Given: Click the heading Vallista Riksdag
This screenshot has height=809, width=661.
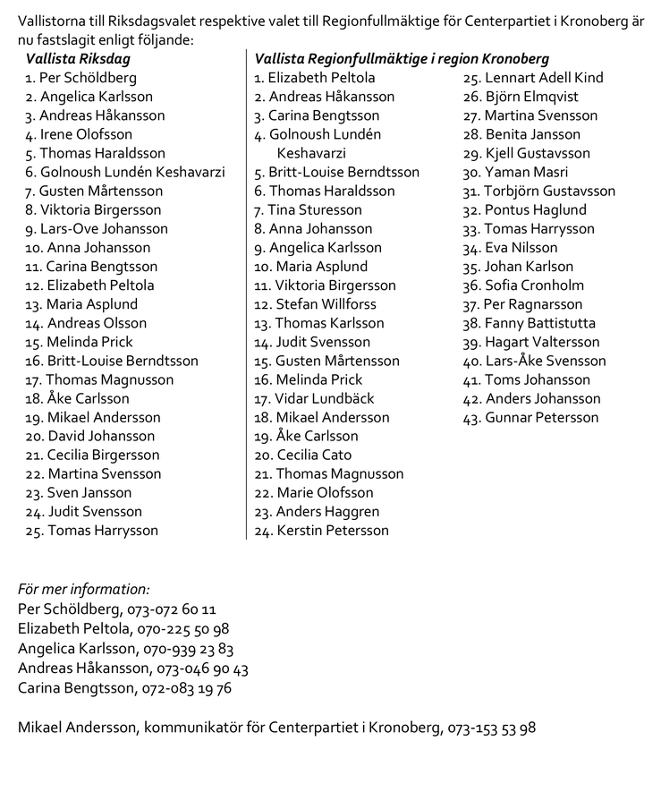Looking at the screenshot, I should point(78,59).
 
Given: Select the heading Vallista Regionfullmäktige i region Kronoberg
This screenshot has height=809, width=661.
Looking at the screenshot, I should point(402,59).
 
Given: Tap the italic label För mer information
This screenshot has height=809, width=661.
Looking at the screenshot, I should point(84,589).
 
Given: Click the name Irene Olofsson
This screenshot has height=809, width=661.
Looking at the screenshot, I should point(85,134).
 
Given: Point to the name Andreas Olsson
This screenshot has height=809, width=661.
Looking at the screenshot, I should point(96,323).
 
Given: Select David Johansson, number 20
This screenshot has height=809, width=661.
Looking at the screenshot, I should point(100,436).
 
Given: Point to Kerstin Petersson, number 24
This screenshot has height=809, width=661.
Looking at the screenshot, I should point(333,531).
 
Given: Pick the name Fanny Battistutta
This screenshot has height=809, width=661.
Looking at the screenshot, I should point(539,323).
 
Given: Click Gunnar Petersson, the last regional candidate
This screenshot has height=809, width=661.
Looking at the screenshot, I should point(541,417).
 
